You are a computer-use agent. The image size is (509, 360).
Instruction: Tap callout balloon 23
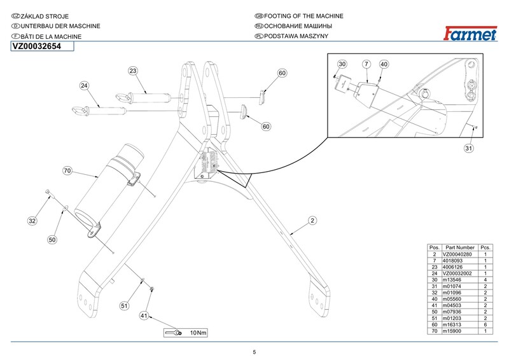point(133,71)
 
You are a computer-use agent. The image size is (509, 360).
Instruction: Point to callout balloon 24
point(84,85)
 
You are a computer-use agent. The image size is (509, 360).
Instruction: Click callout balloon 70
point(67,170)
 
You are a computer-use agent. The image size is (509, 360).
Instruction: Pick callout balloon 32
point(32,221)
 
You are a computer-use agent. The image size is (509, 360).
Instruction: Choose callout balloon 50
point(53,240)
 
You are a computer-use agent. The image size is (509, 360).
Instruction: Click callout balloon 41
point(144,315)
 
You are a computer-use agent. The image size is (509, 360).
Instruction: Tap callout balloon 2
point(312,221)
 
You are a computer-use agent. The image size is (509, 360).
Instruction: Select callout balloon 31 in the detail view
point(469,149)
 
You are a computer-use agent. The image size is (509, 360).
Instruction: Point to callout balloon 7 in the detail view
point(366,64)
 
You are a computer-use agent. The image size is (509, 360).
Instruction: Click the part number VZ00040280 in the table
point(460,254)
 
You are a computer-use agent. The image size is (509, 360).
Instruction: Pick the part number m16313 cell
point(460,325)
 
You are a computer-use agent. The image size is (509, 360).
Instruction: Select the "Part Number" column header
point(460,247)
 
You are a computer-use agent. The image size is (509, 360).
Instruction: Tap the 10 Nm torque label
point(198,333)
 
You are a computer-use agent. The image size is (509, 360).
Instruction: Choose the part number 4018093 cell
point(460,261)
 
